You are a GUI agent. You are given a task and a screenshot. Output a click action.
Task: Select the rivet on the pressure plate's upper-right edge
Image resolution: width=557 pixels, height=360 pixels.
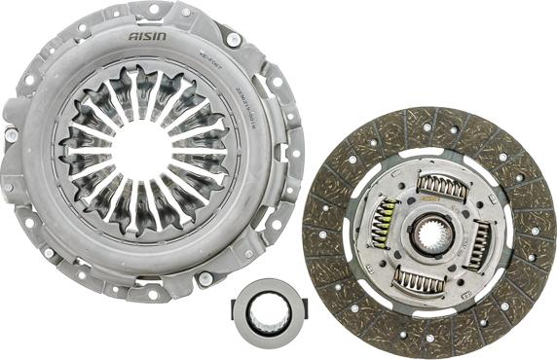pos(234,40)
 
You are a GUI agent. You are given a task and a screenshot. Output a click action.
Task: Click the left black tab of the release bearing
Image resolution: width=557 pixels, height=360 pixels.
pos(237,311)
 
